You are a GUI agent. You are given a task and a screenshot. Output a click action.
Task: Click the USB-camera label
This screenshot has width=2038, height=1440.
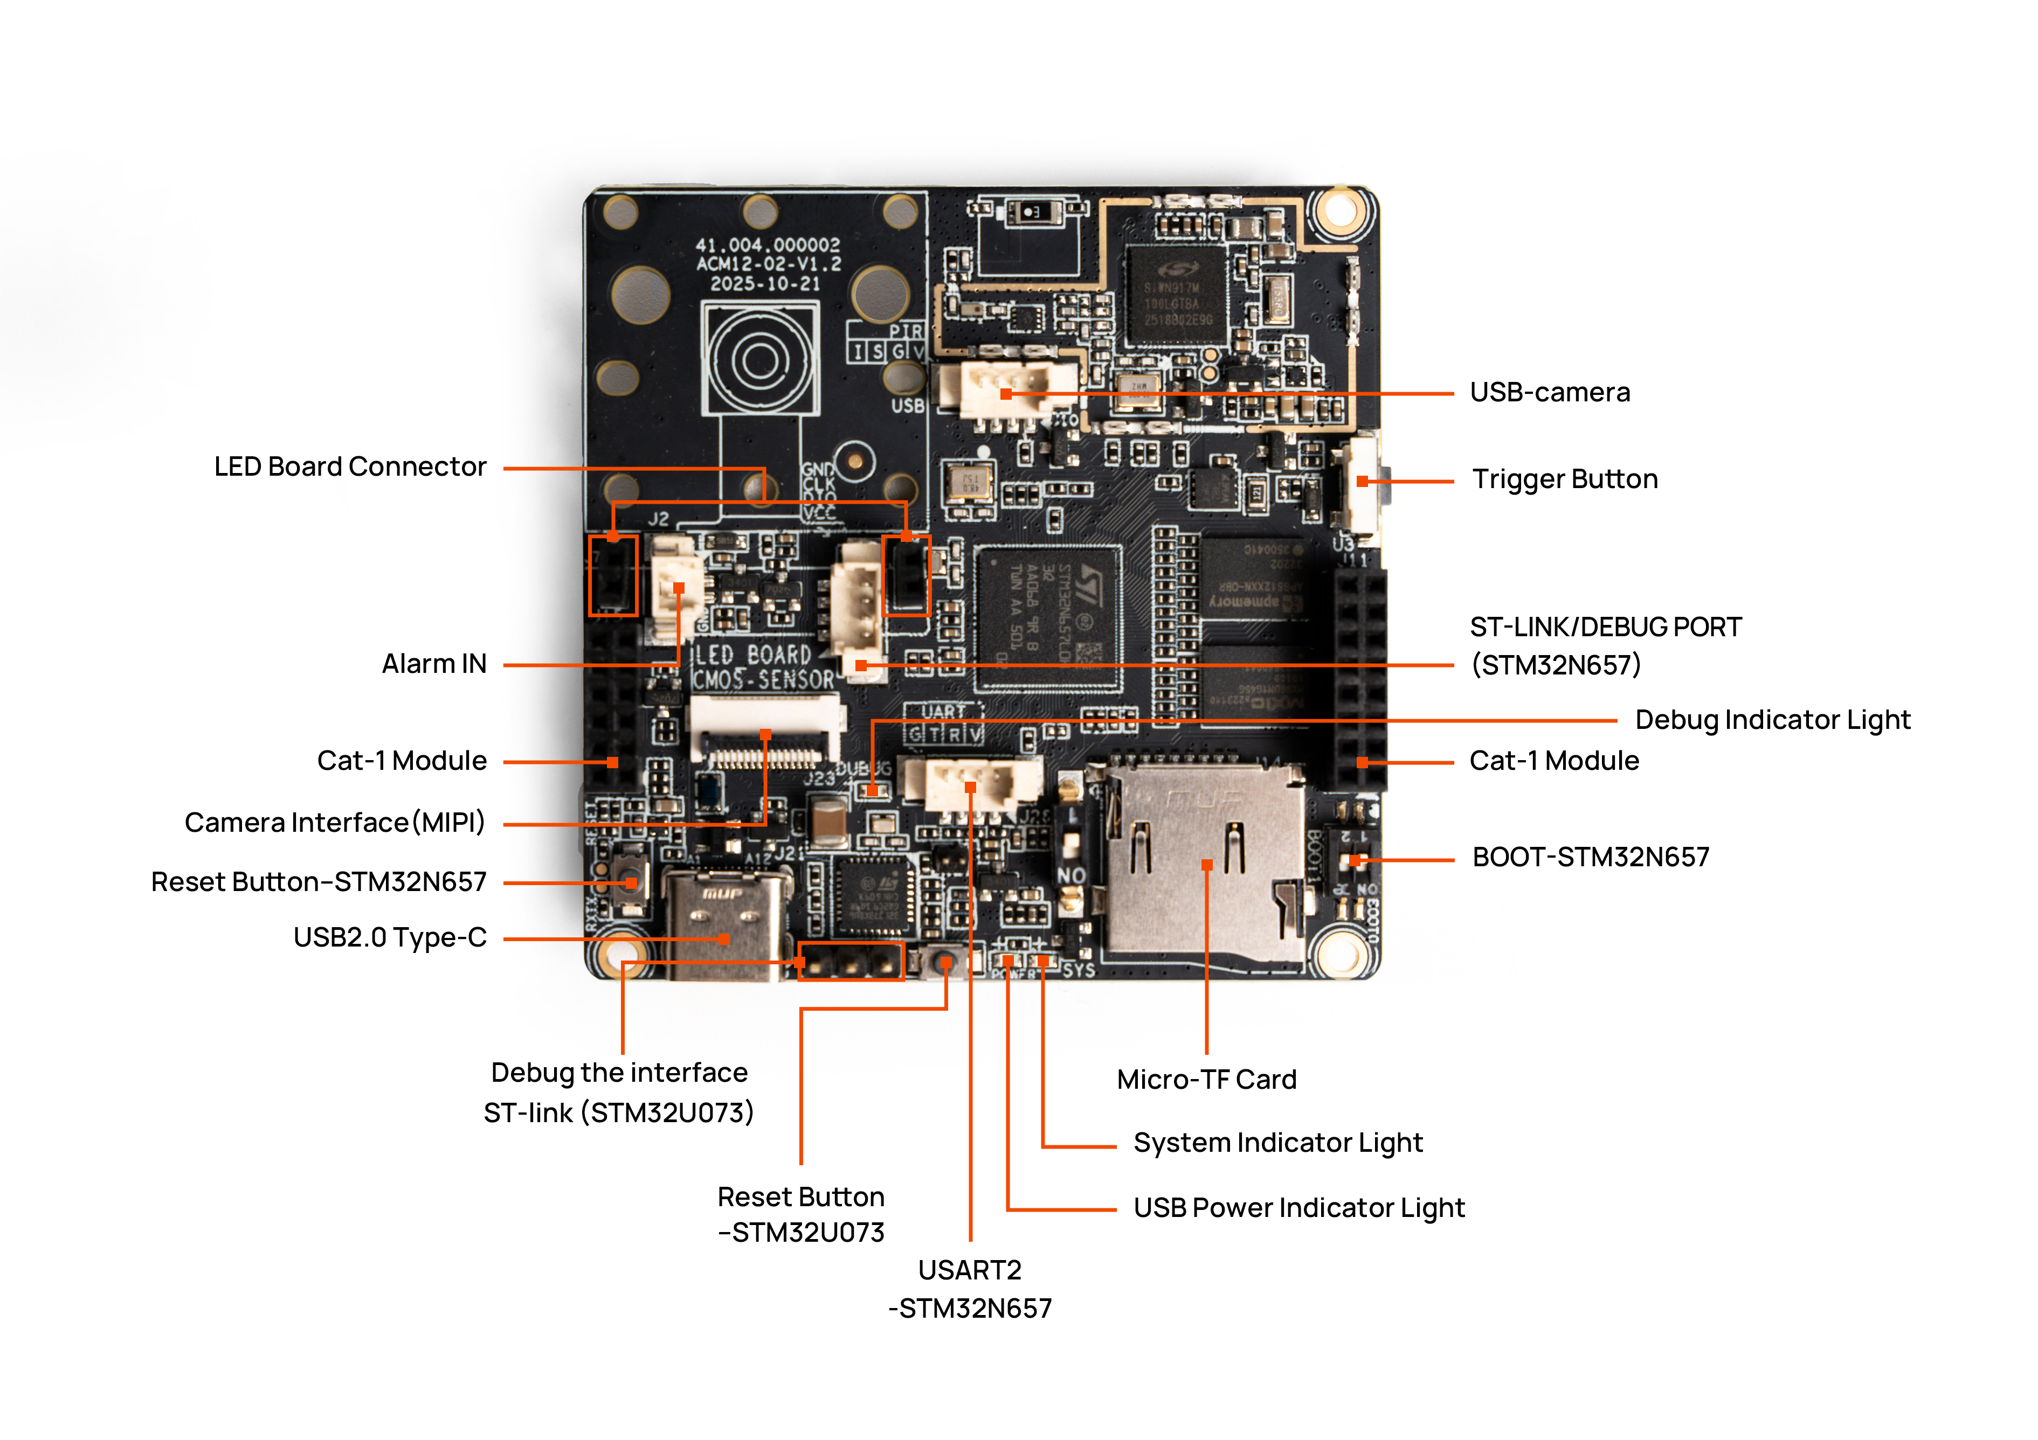pos(1549,392)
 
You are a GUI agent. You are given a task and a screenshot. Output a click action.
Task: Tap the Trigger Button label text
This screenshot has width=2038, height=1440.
pos(1564,479)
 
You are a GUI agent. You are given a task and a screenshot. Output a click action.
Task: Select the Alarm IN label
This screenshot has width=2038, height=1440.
pos(434,664)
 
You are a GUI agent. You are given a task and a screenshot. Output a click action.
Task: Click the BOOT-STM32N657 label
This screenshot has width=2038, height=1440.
pos(1590,857)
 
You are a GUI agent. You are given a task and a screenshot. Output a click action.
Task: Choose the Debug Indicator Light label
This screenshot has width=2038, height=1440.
pos(1772,720)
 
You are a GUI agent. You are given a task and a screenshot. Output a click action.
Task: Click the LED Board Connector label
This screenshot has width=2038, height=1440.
pos(350,467)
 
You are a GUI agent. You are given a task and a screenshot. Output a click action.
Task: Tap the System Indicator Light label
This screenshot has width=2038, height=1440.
pos(1277,1143)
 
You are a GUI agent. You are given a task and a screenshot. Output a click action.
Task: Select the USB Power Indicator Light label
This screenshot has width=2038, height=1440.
pos(1298,1207)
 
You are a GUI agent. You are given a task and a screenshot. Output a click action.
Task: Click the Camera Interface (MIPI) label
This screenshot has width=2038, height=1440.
pos(335,823)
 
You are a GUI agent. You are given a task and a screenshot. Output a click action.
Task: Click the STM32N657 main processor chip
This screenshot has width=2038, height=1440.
pos(1047,617)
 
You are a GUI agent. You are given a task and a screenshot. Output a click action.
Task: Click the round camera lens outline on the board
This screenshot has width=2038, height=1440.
pos(760,359)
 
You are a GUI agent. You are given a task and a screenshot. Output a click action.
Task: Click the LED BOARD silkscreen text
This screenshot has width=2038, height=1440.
pos(752,655)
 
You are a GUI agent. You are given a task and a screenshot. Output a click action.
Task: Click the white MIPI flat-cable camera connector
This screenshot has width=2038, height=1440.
pos(765,729)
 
